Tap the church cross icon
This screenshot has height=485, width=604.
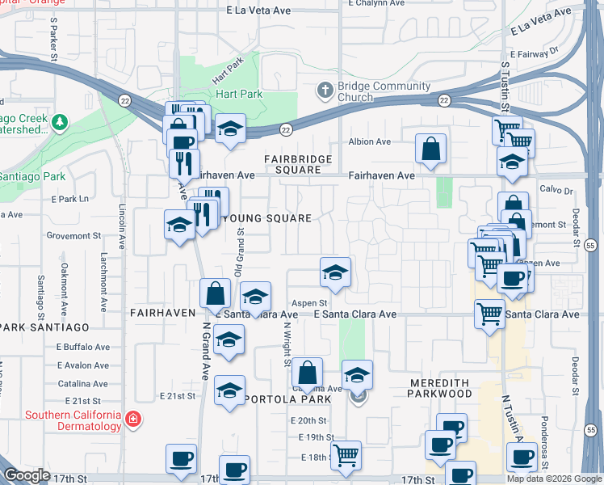[x=325, y=89]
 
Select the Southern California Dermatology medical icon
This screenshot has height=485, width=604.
[x=132, y=420]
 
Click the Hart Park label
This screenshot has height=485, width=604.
[x=239, y=94]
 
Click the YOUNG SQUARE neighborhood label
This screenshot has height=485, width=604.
[x=266, y=218]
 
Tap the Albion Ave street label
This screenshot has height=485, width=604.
[x=369, y=141]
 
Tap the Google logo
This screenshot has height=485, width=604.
[x=27, y=475]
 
